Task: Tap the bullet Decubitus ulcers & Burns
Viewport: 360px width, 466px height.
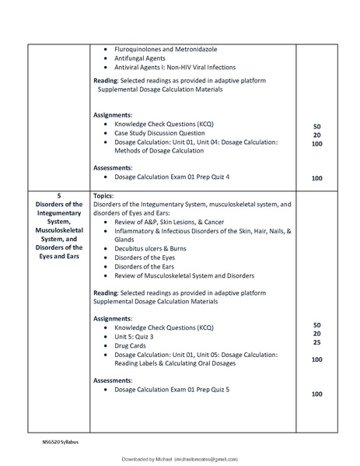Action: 155,248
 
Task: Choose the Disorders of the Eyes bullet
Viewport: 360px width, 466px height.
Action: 145,258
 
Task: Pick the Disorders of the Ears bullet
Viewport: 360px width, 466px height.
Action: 145,267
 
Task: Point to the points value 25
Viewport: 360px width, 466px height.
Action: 316,342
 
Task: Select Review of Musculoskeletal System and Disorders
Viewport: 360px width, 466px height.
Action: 184,275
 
